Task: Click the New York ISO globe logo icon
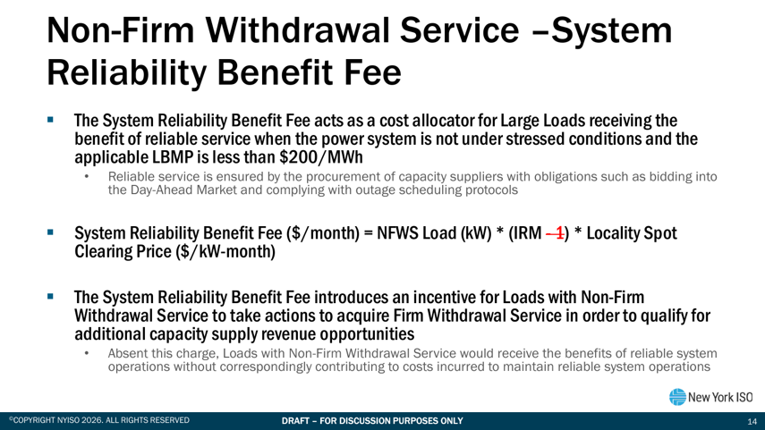coord(677,397)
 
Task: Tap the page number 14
coord(752,421)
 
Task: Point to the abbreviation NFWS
coord(397,233)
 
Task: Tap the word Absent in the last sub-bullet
coord(124,353)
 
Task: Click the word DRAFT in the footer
coord(294,421)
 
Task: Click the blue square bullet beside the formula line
coord(50,232)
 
